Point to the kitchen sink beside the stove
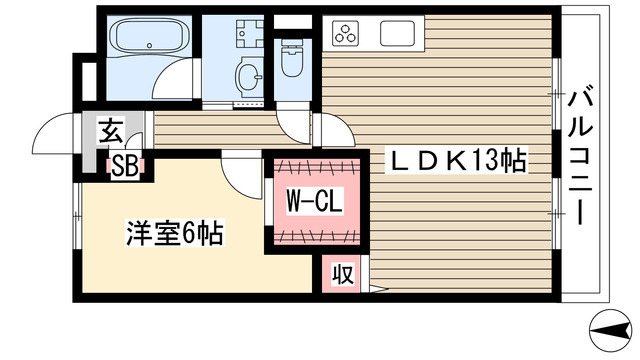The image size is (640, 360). (397, 33)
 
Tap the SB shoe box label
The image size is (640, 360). (125, 167)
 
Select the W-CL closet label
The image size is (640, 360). (315, 202)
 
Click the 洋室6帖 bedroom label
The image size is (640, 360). (173, 235)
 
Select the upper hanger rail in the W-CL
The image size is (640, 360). (315, 164)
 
